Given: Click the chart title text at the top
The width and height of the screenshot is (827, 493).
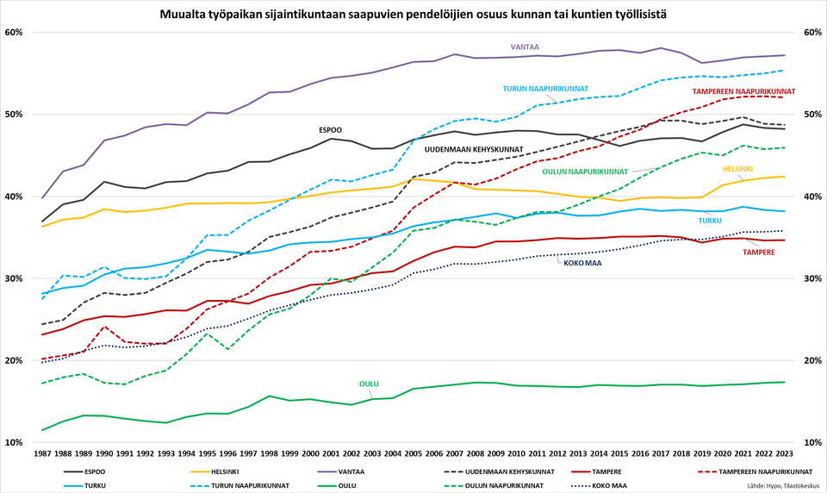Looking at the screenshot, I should [413, 15].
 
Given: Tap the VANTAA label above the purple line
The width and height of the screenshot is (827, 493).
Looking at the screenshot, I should [525, 47].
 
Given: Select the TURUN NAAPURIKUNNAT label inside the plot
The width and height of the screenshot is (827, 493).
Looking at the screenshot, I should [545, 89].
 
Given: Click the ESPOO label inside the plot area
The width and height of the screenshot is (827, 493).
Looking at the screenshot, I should [331, 130].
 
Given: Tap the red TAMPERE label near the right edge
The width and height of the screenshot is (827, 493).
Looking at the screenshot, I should [759, 253].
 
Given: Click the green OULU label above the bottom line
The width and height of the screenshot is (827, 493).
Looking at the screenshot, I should [369, 384].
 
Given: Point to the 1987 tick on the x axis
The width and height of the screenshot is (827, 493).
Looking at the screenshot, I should [41, 452].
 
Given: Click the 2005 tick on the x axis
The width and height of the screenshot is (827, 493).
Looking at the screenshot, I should [413, 452].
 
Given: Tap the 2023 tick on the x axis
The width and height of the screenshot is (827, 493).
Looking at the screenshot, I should [784, 452].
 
